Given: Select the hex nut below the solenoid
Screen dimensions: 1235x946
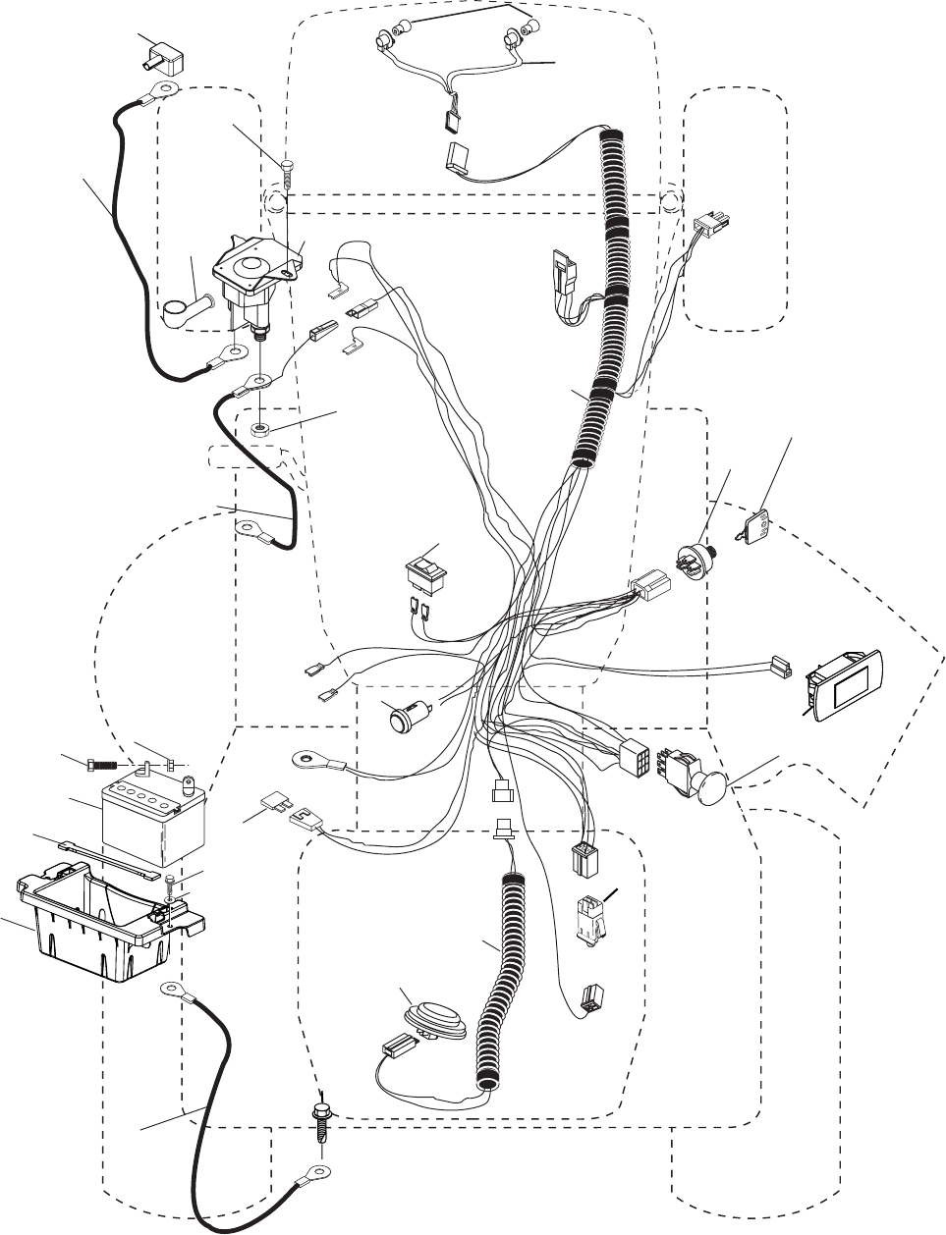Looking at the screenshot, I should [260, 429].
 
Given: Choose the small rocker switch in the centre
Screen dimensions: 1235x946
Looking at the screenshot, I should [425, 574].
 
